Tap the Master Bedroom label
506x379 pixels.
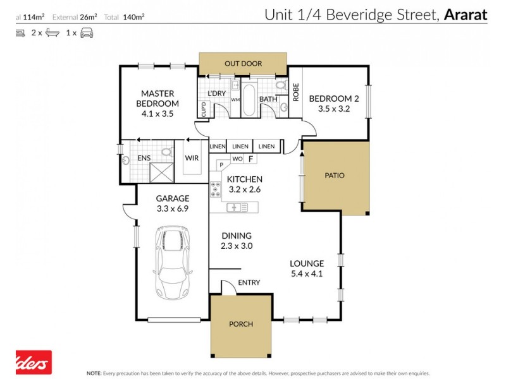tap(158, 99)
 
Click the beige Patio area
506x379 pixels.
tap(335, 176)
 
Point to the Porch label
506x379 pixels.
tap(241, 324)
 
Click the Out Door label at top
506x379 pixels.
tap(243, 64)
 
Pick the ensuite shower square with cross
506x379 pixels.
tap(161, 171)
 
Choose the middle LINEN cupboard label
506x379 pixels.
tap(240, 147)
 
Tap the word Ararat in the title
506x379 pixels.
tap(465, 14)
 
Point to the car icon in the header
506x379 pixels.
tap(87, 32)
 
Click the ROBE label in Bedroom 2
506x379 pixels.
tap(295, 92)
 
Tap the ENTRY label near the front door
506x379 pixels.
tap(249, 282)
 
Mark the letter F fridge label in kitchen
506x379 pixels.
tap(250, 159)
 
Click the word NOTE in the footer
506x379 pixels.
tap(94, 373)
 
